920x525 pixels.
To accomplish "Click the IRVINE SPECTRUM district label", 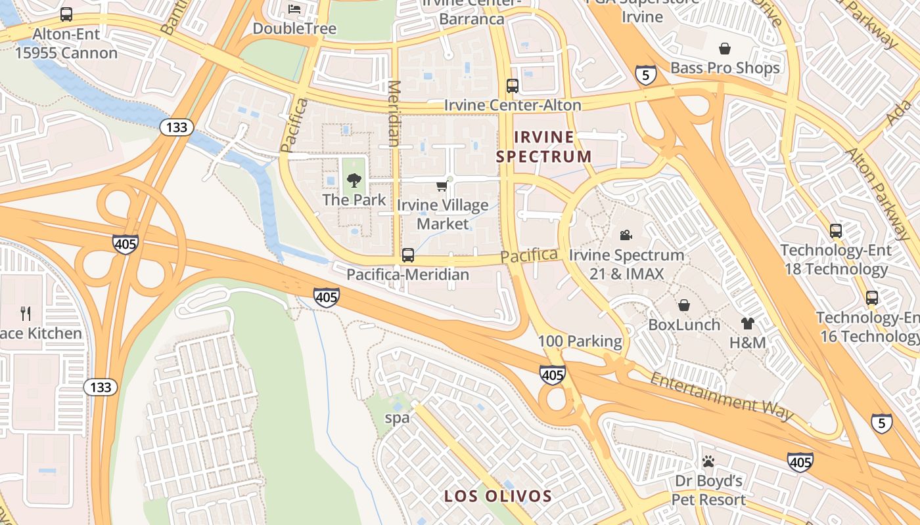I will (x=544, y=147).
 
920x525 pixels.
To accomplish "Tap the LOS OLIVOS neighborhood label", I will (x=497, y=496).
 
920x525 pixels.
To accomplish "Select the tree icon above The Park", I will (x=354, y=180).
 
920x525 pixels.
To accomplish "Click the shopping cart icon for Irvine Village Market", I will (x=442, y=187).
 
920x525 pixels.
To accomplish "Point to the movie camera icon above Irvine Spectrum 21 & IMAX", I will (x=626, y=235).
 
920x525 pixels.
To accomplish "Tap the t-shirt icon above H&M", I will (x=748, y=323).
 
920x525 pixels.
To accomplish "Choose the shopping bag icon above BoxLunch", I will (x=684, y=305).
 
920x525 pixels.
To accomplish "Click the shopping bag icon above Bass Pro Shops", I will (x=725, y=49).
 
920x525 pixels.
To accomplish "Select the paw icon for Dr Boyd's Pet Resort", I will (x=708, y=462).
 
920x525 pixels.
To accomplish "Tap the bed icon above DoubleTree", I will (x=294, y=9).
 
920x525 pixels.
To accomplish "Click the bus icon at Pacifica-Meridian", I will (x=408, y=255).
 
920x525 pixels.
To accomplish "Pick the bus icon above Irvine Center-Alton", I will (x=513, y=86).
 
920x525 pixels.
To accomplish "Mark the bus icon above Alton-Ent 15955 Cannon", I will (x=66, y=14).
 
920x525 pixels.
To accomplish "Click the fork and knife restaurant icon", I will (x=26, y=313).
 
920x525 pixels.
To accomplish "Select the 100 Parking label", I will (x=580, y=341).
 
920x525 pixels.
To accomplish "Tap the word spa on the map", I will (x=397, y=417).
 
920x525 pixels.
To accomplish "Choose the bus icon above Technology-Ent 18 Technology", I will (x=835, y=231).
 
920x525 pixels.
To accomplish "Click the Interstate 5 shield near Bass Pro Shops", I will (x=645, y=75).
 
